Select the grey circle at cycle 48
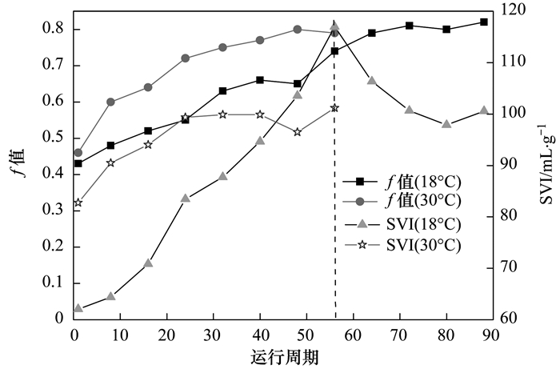[x=297, y=29]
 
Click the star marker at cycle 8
[x=110, y=162]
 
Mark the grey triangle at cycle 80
[x=446, y=124]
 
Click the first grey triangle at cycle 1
[x=78, y=307]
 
